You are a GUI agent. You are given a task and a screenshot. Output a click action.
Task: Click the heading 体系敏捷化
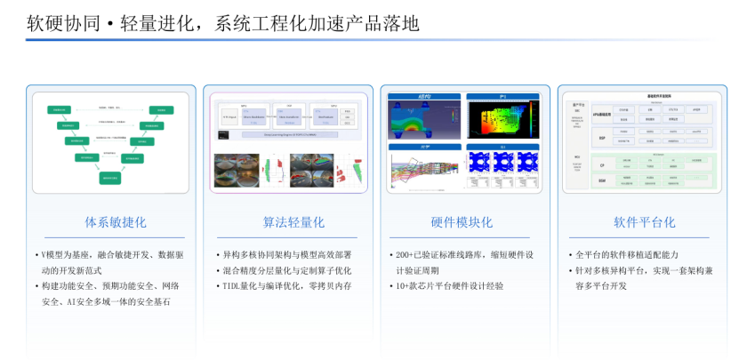click(109, 222)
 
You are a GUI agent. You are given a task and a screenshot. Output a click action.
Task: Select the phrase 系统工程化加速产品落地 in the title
click(317, 23)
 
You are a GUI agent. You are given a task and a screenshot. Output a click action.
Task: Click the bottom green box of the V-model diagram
click(110, 177)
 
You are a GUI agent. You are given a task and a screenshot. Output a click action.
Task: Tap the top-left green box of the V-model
click(59, 111)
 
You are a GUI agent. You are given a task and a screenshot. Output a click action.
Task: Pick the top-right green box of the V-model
click(162, 111)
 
